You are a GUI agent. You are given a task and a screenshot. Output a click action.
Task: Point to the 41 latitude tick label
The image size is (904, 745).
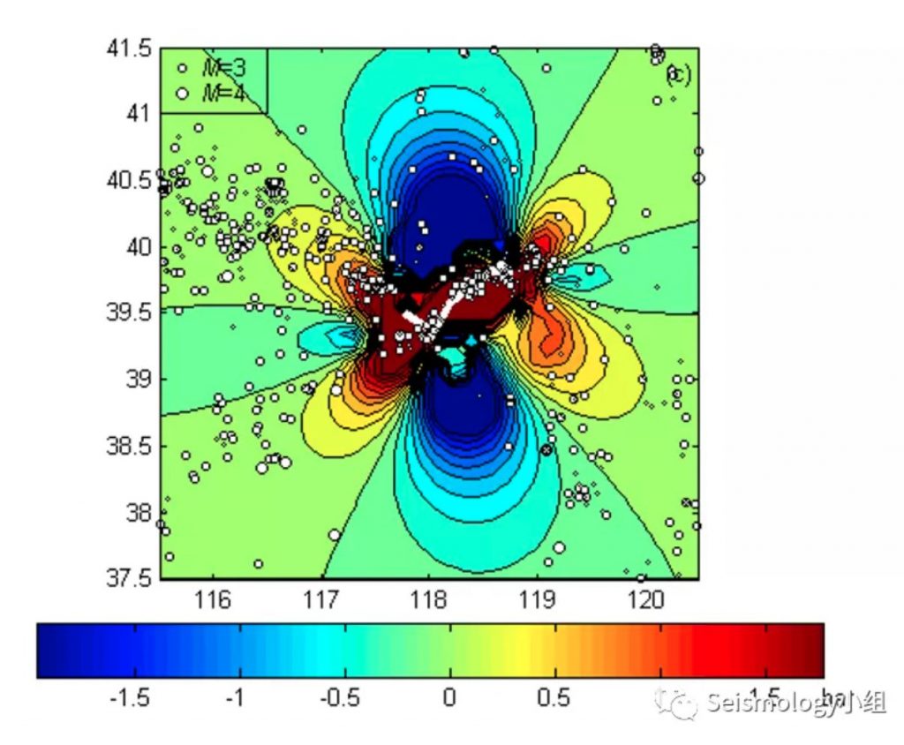coord(137,113)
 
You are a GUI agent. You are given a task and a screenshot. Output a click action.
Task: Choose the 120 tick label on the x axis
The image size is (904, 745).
coord(646,600)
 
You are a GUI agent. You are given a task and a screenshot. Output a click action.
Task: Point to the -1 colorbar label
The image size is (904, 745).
coord(234,698)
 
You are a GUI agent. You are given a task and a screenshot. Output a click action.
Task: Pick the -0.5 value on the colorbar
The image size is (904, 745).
coord(340,698)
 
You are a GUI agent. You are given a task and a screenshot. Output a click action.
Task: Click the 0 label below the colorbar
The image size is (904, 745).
coord(448,698)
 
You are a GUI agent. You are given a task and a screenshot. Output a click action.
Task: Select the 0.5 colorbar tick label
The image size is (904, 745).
coord(554,698)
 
